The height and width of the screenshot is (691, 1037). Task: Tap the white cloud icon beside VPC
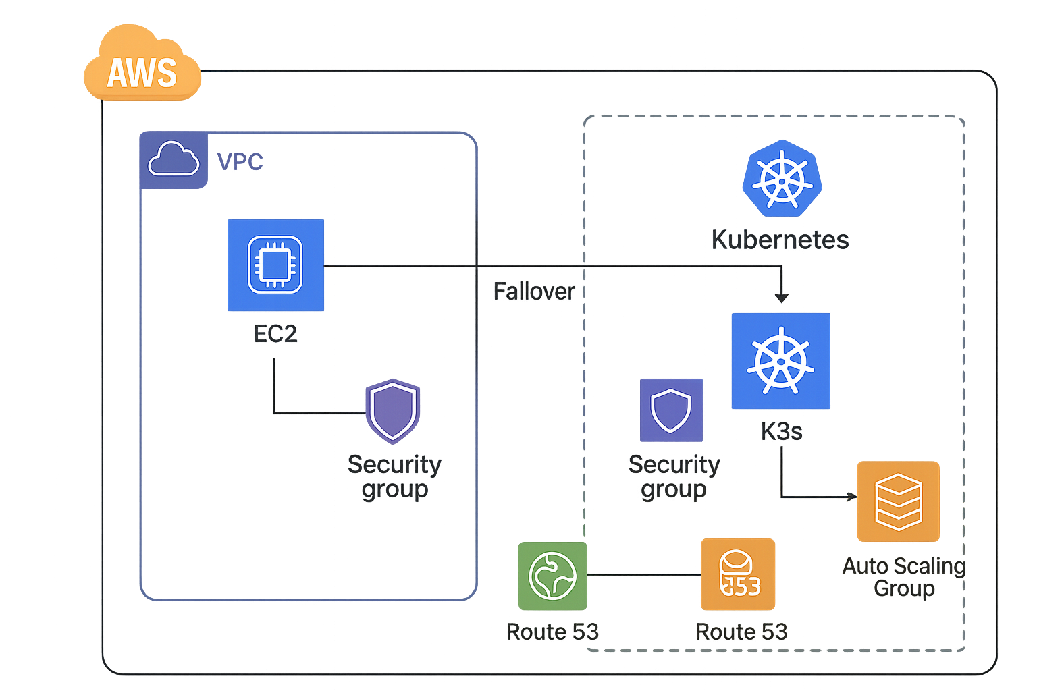(x=174, y=160)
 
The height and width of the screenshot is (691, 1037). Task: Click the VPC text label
(x=240, y=162)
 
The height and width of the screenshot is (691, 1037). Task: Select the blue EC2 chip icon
(x=275, y=265)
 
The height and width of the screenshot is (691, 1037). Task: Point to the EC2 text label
(x=275, y=333)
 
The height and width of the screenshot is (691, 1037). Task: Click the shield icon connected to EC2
(x=393, y=410)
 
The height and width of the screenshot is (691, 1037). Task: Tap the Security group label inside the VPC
(x=394, y=476)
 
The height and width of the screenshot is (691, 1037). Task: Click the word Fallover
(x=534, y=292)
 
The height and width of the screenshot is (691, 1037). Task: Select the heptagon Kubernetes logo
(x=782, y=179)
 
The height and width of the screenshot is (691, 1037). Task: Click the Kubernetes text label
(x=780, y=240)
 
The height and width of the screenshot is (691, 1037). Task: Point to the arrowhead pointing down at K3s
(x=781, y=298)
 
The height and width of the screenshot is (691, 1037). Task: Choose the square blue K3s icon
(x=780, y=361)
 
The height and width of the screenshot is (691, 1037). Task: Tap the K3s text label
(x=781, y=431)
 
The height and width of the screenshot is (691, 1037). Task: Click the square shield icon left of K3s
(x=671, y=410)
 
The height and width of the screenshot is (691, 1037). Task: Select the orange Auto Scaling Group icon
(x=898, y=501)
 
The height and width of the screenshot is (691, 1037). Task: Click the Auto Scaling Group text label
(x=904, y=576)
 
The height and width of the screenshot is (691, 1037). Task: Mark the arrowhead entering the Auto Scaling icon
(x=852, y=497)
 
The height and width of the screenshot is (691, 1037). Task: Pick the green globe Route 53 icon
(x=552, y=576)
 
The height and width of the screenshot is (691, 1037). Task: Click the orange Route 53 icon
(x=738, y=574)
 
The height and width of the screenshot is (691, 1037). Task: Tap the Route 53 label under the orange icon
(x=741, y=632)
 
